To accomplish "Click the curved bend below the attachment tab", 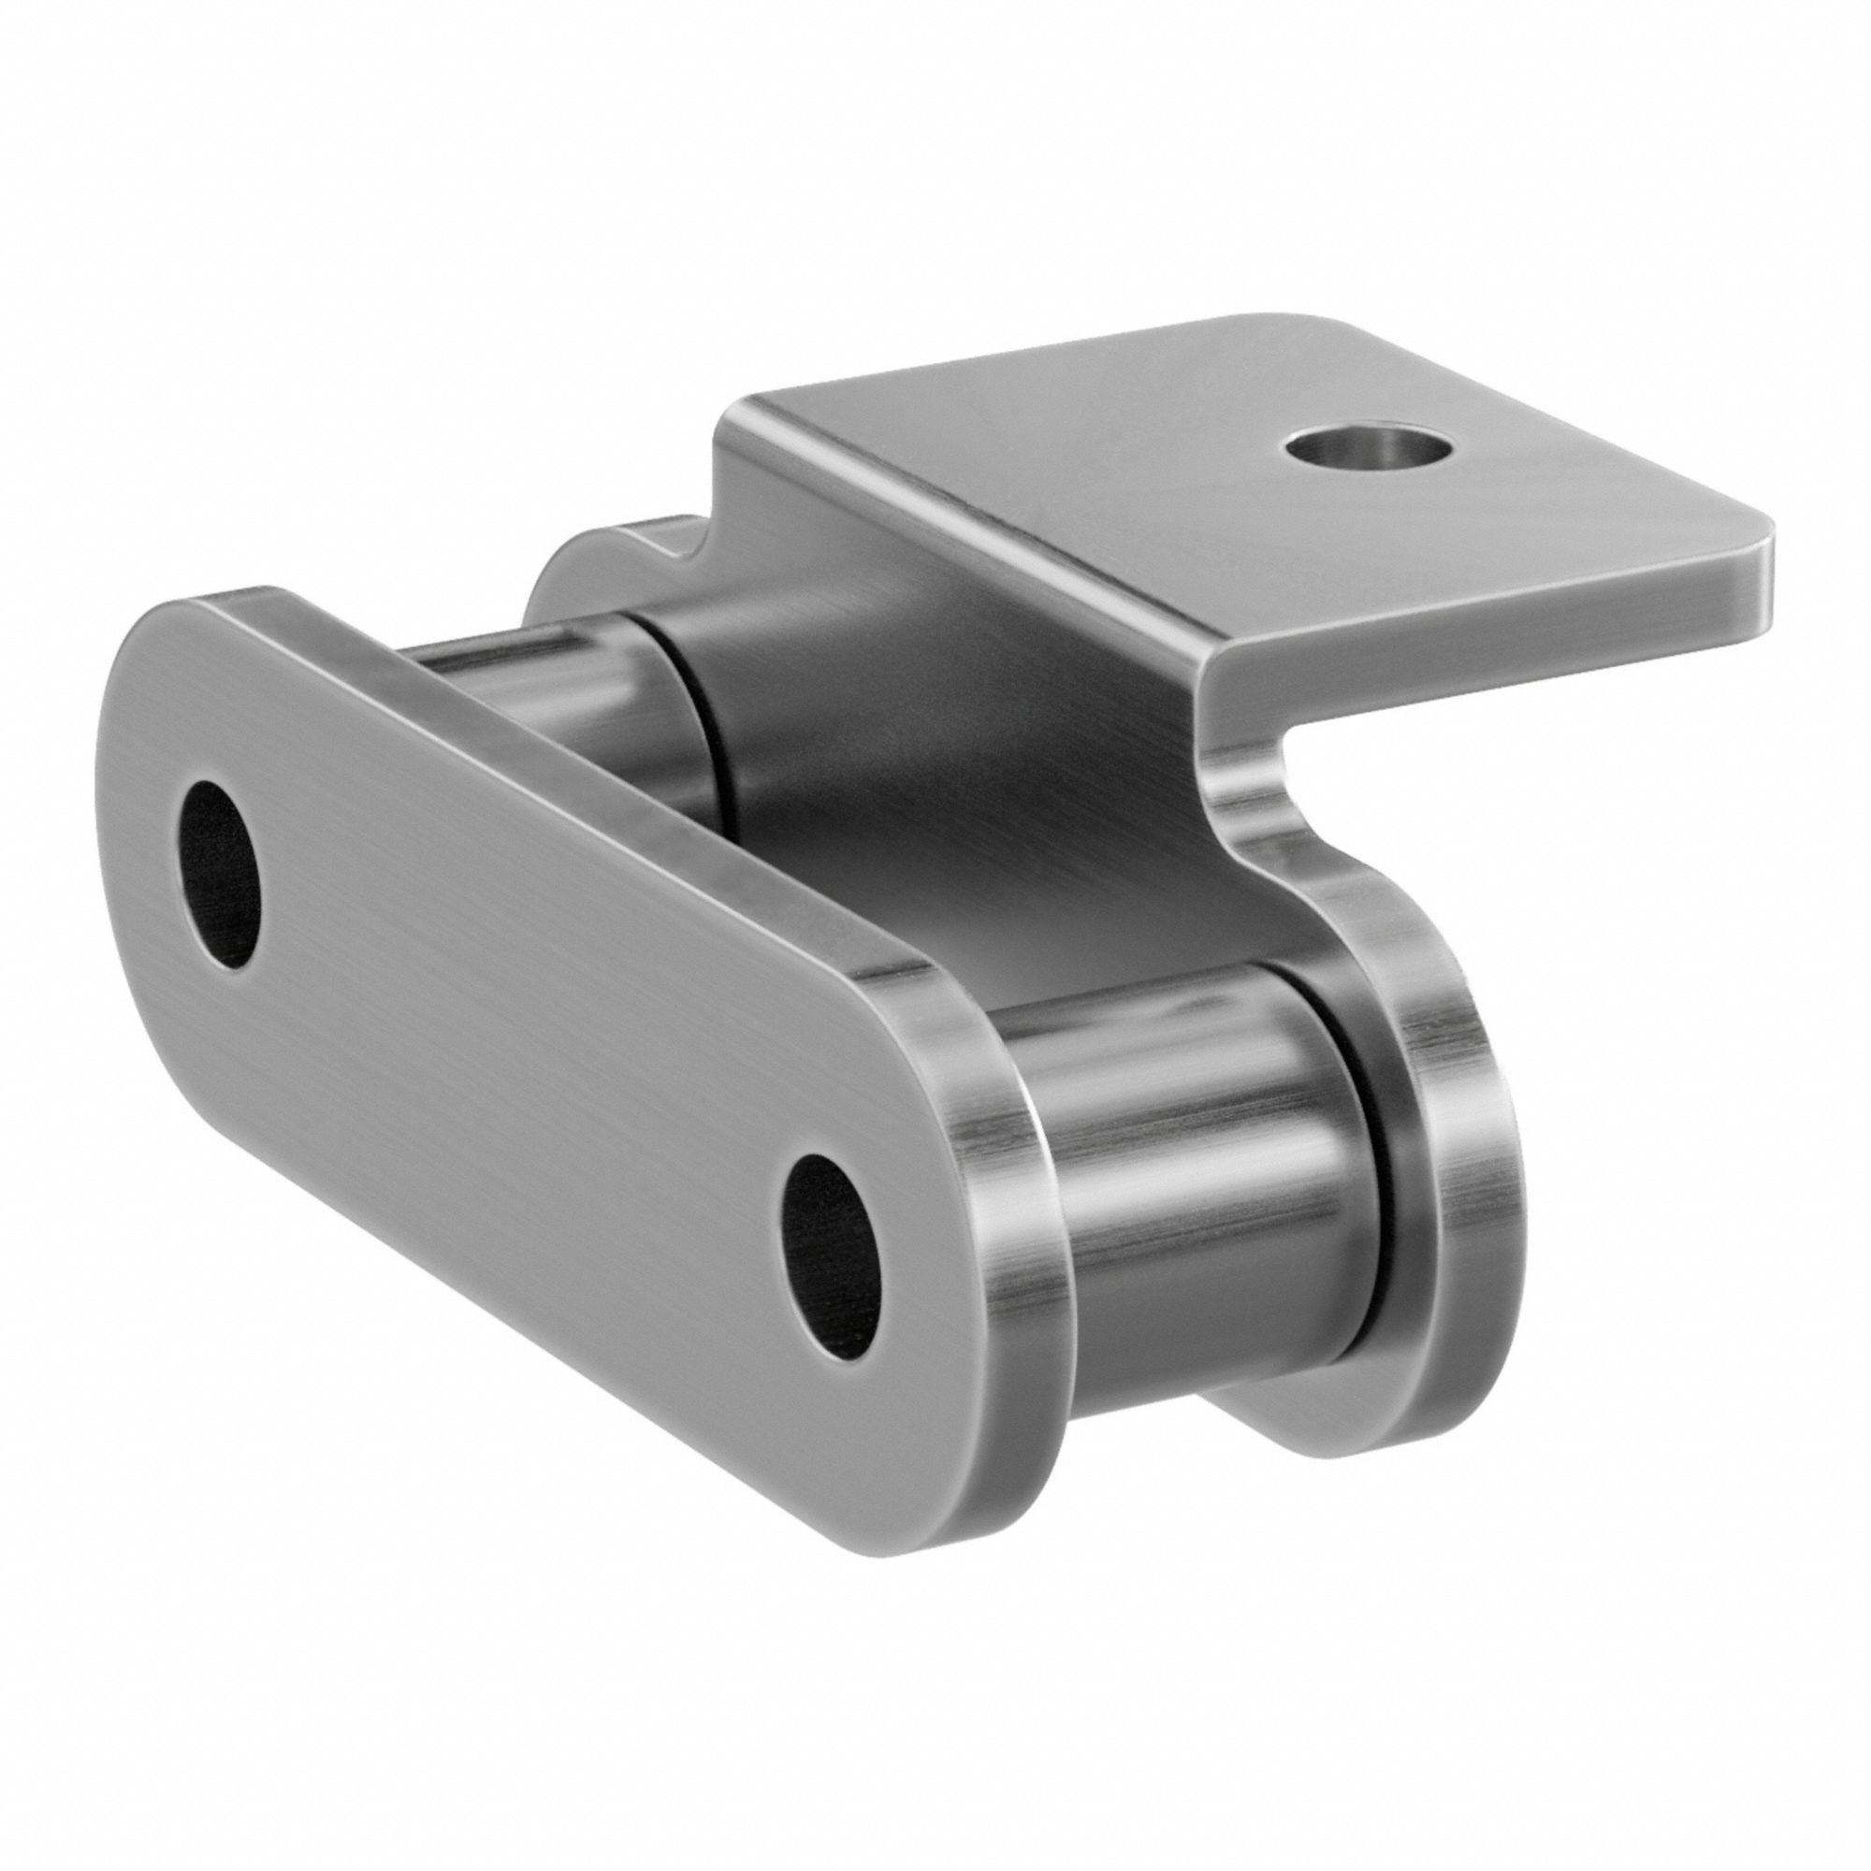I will (x=1249, y=755).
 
